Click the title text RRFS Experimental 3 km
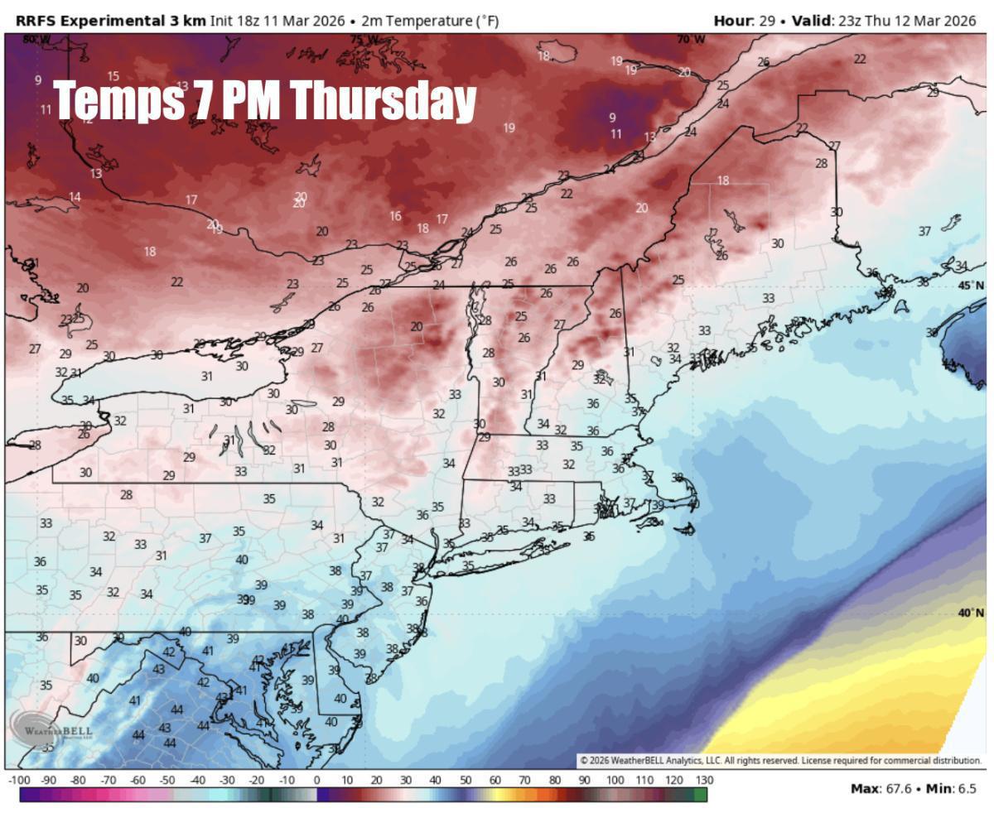click(x=110, y=21)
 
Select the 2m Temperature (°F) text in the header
click(x=430, y=21)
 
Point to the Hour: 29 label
click(x=743, y=21)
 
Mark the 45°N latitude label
click(x=971, y=286)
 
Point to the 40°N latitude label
click(x=971, y=613)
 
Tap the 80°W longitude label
click(x=36, y=39)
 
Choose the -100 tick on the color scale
click(x=19, y=781)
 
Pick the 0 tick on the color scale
click(x=316, y=781)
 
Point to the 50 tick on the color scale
click(x=465, y=781)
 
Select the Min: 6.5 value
click(x=952, y=788)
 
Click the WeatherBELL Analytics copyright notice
click(x=779, y=760)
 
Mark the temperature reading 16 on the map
click(x=395, y=216)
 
